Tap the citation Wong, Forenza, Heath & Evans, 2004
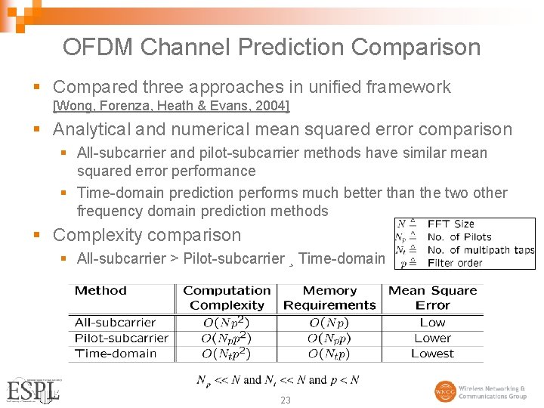point(172,105)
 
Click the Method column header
point(100,291)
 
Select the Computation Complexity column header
point(227,298)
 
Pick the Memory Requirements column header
point(329,298)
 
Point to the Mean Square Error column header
point(432,298)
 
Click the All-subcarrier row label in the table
point(115,323)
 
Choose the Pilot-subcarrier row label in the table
point(121,338)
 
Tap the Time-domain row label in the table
point(116,353)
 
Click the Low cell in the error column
point(432,323)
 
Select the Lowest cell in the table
point(432,353)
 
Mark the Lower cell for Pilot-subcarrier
point(432,338)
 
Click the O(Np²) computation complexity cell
point(227,323)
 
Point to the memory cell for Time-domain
point(329,353)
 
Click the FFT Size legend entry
point(450,224)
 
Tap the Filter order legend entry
point(455,263)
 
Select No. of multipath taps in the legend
point(481,250)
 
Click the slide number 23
point(285,400)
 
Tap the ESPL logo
point(32,390)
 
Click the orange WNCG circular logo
point(444,392)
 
